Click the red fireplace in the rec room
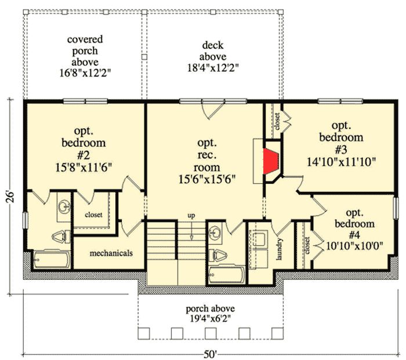coord(271,161)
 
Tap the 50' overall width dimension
coord(210,354)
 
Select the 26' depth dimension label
coord(10,197)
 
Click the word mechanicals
coord(111,253)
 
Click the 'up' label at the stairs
coord(191,216)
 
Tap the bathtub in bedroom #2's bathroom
coord(52,259)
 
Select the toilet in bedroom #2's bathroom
coord(61,237)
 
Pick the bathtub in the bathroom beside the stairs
coord(227,275)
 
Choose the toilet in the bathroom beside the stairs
coord(217,256)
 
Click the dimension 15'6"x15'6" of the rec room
coord(207,179)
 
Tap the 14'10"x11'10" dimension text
coord(341,162)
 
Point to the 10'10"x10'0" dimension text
coord(354,245)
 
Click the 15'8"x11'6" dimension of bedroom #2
coord(84,167)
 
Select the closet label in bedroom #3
coord(277,121)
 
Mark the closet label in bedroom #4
coord(307,245)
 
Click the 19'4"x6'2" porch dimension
coord(210,318)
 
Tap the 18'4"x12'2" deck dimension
coord(213,68)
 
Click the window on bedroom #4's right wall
coord(396,208)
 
